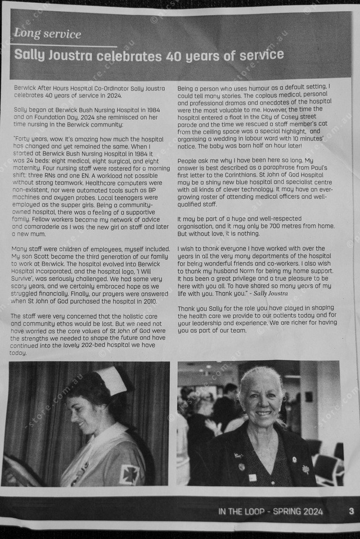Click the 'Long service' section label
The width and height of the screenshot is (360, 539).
[x=48, y=34]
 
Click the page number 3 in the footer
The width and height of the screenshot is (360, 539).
[x=351, y=511]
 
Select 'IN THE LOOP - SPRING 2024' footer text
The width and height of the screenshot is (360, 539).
[x=271, y=511]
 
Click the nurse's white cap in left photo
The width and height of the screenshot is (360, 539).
[x=112, y=381]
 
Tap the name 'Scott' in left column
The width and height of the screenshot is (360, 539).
[x=39, y=256]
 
